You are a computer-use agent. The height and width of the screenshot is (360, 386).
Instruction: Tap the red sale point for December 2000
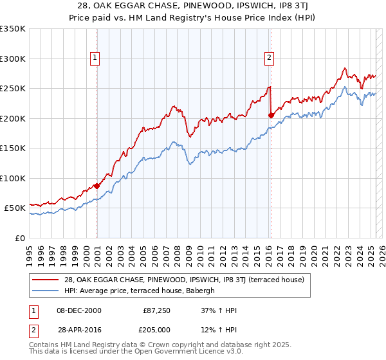pyautogui.click(x=96, y=186)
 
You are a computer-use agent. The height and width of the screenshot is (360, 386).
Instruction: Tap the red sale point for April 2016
pyautogui.click(x=271, y=115)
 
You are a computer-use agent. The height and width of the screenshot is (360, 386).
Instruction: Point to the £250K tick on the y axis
pyautogui.click(x=12, y=89)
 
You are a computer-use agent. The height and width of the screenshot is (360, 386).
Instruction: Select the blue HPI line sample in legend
pyautogui.click(x=46, y=291)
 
